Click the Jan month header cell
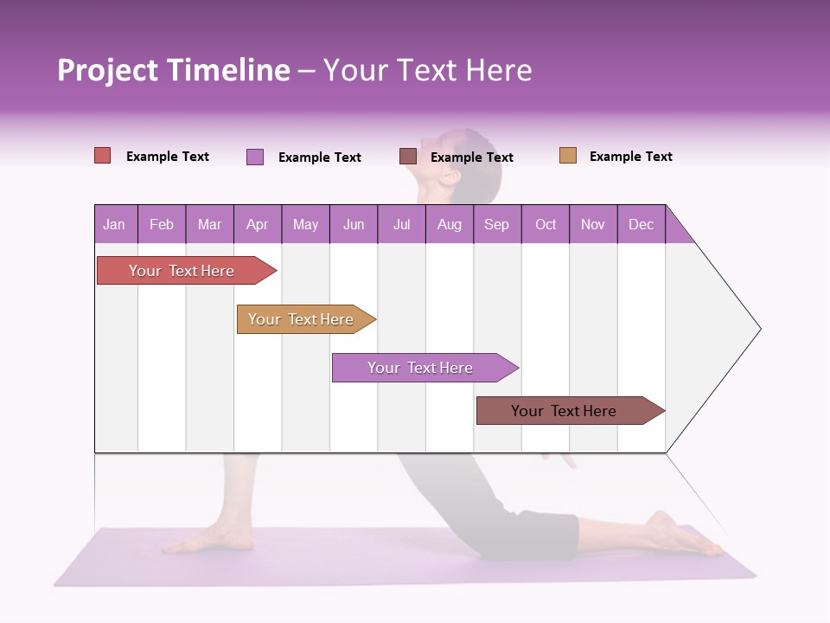[115, 224]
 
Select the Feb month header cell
[162, 224]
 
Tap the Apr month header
[258, 224]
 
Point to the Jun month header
[354, 224]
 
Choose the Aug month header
[450, 224]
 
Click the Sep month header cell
[497, 224]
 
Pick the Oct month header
[546, 224]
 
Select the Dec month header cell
[642, 224]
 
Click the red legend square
[103, 156]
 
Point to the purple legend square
[255, 157]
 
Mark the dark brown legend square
[408, 157]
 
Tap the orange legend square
[568, 156]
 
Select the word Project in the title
[108, 70]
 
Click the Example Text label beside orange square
[630, 157]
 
